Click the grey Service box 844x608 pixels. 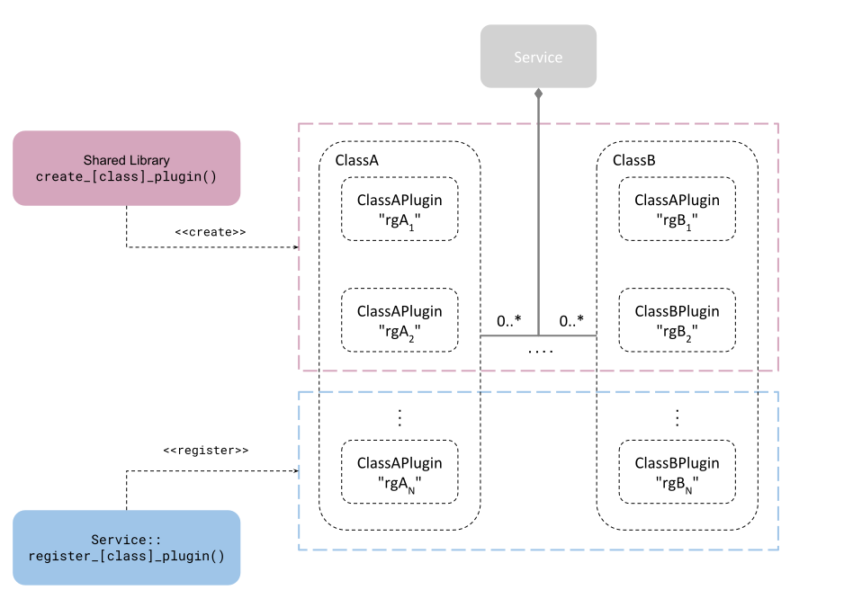(x=538, y=56)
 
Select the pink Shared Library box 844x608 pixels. (x=127, y=168)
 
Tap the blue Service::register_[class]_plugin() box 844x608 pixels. (x=127, y=547)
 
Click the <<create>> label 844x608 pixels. (x=210, y=232)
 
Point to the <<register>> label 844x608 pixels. (x=206, y=450)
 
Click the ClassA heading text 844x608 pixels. (x=357, y=160)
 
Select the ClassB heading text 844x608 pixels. (x=634, y=160)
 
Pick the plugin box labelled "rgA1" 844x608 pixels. (x=400, y=209)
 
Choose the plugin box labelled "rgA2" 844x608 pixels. (x=400, y=320)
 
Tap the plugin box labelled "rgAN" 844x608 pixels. (x=400, y=472)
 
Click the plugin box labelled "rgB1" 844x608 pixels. (x=678, y=209)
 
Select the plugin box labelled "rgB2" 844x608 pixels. (x=678, y=320)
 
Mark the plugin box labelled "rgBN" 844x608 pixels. (x=678, y=472)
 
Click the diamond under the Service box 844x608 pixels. (x=538, y=94)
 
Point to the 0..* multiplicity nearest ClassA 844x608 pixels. (x=508, y=321)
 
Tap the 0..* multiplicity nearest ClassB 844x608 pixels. (x=571, y=321)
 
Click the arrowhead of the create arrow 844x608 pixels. (x=296, y=247)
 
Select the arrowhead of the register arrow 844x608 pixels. (x=296, y=470)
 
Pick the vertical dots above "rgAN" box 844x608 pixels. (x=400, y=417)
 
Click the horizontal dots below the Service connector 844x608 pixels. (x=541, y=352)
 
